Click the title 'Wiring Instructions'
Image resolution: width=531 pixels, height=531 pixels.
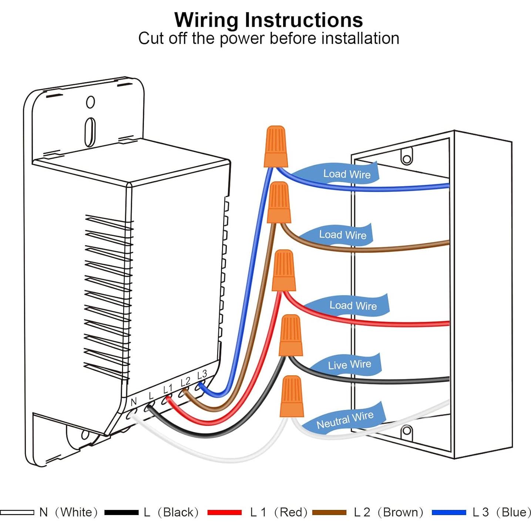pos(268,20)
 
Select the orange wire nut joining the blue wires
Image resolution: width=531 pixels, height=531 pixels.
pos(276,147)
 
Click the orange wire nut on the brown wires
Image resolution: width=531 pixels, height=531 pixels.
pos(279,202)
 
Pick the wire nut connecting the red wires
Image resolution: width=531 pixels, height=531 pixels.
pos(284,270)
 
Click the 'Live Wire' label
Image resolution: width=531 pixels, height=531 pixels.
pos(349,364)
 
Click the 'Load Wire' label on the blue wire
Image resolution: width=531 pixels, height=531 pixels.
pos(347,174)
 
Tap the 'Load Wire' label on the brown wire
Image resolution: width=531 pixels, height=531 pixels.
pos(343,235)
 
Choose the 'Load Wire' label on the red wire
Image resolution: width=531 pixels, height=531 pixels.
pos(353,306)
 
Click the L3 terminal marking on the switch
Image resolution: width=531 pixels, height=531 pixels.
pos(202,374)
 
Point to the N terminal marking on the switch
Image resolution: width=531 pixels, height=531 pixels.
pos(134,401)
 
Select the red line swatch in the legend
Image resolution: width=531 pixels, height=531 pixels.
pos(224,512)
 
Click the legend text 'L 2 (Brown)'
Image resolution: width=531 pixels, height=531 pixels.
pos(389,512)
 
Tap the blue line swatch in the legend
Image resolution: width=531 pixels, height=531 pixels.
pos(448,512)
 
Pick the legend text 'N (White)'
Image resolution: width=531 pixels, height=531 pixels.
pos(68,512)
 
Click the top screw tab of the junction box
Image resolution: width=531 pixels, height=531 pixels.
pos(407,156)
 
